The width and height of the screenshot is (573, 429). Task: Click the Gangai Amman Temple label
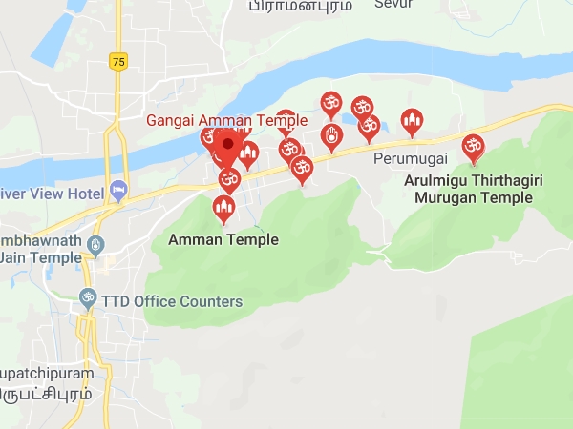click(226, 121)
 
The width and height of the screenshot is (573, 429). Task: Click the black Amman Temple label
click(223, 239)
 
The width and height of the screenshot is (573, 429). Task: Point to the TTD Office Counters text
click(174, 301)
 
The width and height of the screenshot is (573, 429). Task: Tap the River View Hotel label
click(52, 194)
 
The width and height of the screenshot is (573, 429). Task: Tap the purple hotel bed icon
click(117, 190)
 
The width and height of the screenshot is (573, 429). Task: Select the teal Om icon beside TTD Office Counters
click(88, 299)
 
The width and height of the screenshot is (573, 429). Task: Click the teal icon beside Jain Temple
click(95, 247)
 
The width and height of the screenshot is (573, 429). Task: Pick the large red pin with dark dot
click(227, 148)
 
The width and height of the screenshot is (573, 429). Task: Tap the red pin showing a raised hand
click(330, 135)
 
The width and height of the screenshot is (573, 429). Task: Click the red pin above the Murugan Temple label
click(472, 146)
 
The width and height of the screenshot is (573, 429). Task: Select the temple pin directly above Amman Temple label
click(224, 207)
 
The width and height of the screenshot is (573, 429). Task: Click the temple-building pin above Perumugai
click(412, 121)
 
